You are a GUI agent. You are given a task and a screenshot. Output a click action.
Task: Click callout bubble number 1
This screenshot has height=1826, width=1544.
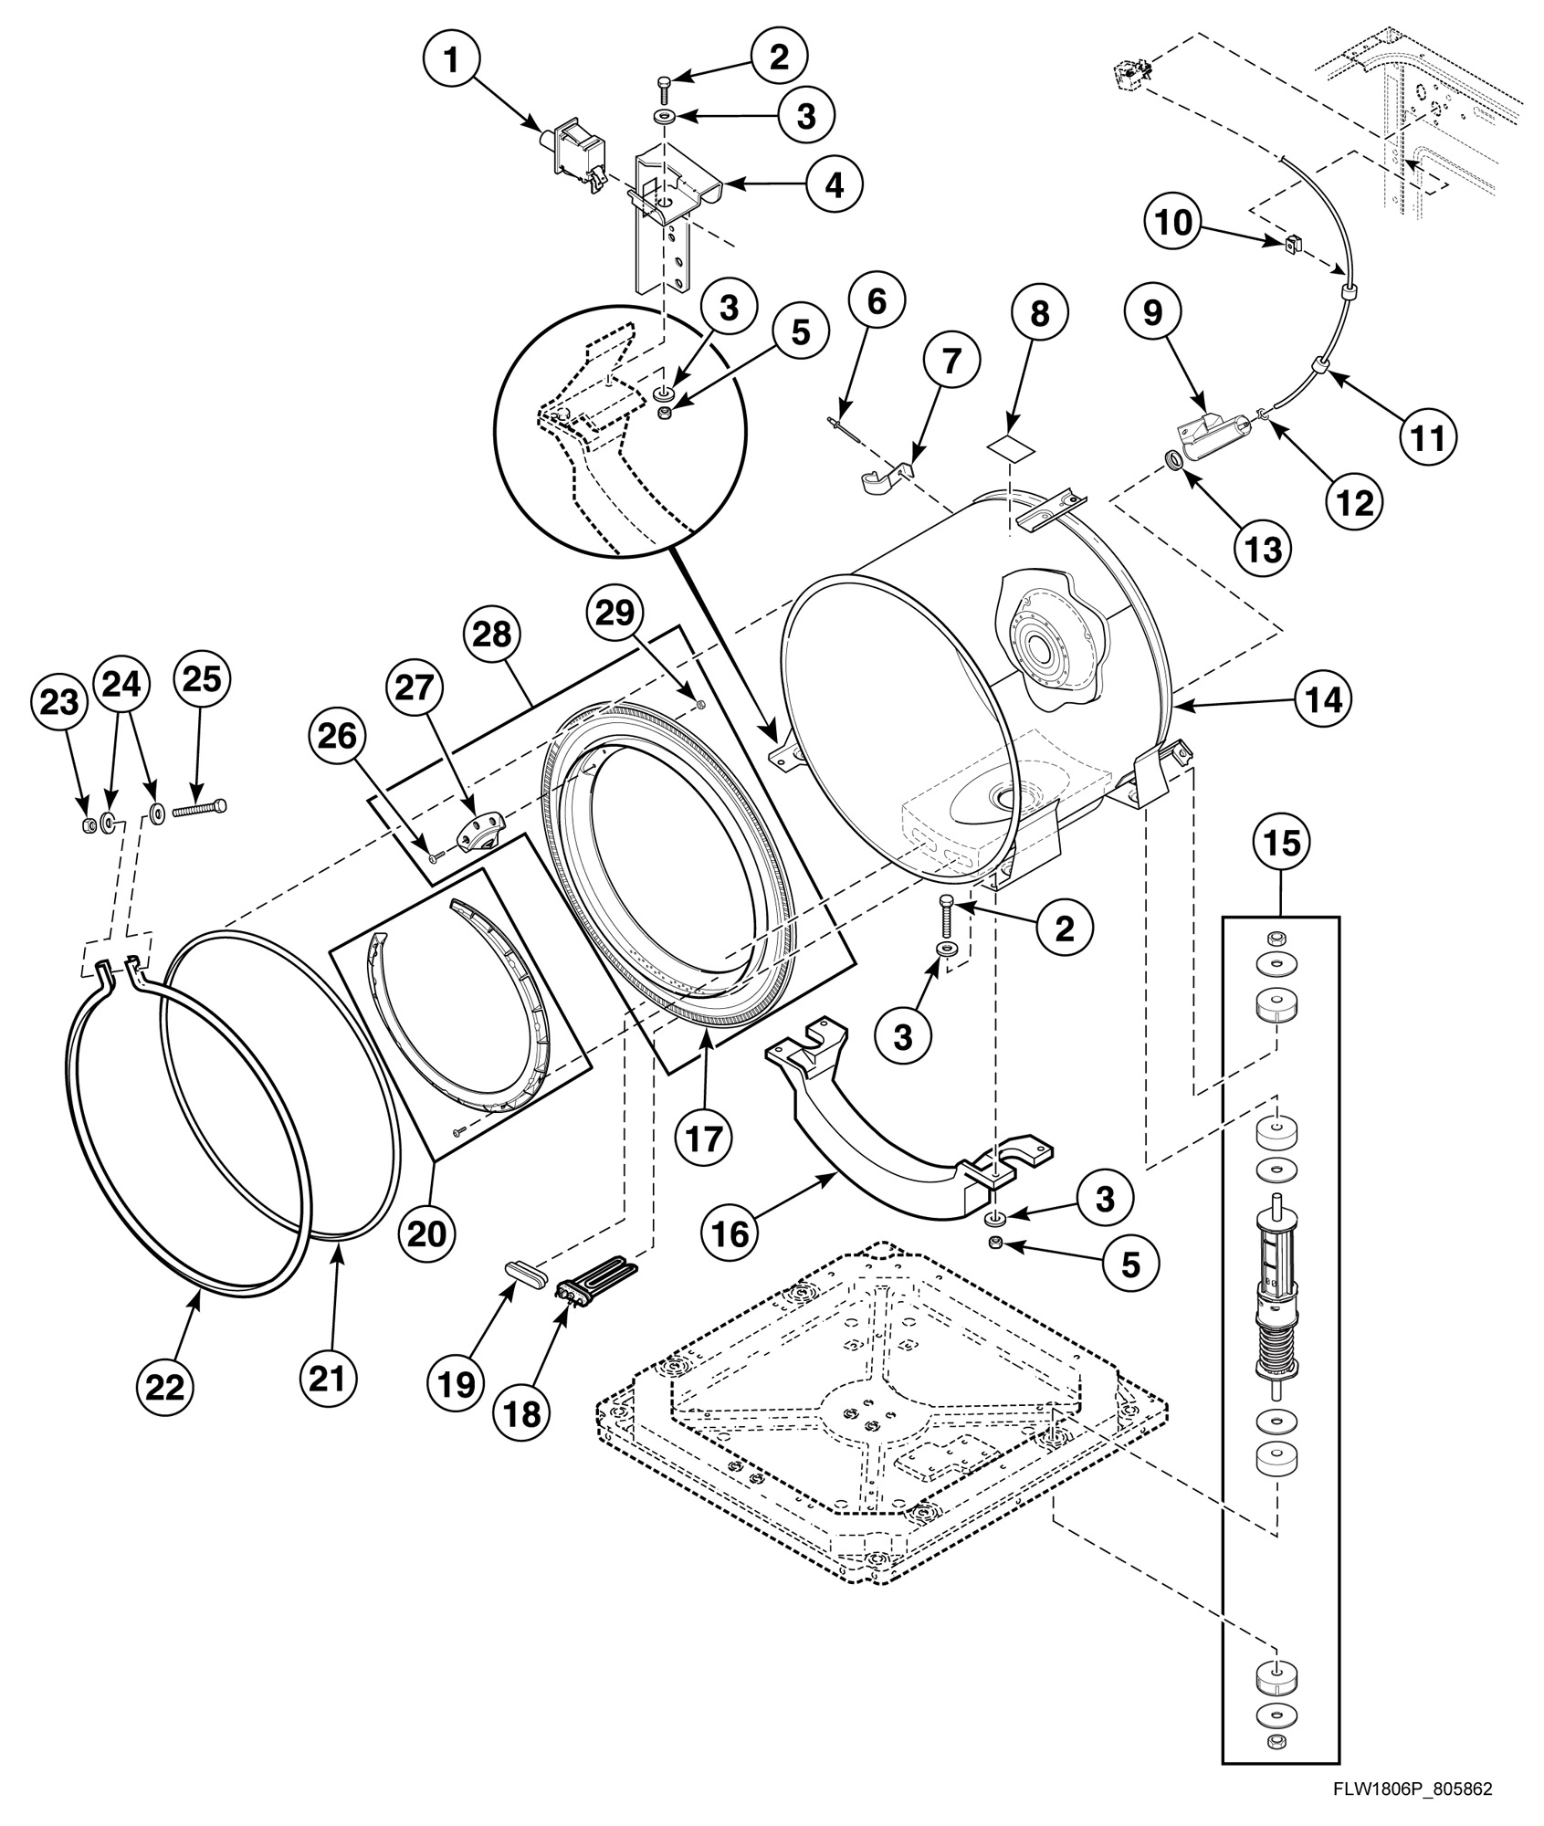point(451,61)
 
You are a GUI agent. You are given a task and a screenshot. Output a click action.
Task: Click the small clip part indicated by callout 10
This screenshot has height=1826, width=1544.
point(1290,243)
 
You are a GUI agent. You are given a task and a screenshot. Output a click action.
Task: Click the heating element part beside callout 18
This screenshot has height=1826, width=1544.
point(593,1278)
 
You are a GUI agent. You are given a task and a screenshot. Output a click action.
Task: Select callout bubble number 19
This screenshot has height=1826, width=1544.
point(456,1384)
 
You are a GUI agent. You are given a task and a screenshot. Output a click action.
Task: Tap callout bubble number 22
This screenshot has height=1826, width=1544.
point(165,1387)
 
